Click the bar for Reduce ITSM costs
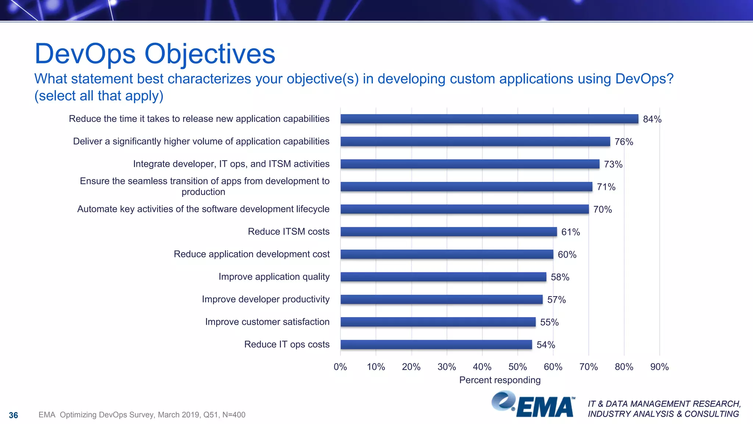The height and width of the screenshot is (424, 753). tap(449, 232)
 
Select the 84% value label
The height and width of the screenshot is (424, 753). tap(652, 119)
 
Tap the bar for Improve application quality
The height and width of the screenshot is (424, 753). tap(443, 277)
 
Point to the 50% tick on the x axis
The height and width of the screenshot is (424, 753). tap(517, 367)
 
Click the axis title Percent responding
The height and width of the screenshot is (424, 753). tap(500, 380)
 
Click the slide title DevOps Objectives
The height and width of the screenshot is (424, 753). tap(154, 54)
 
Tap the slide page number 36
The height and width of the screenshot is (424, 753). tap(13, 415)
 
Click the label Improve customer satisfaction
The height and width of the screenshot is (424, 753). tap(267, 322)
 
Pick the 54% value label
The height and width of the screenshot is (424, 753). tap(546, 345)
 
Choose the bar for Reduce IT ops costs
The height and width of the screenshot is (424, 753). tap(436, 344)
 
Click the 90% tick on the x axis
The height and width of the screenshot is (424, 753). tap(659, 367)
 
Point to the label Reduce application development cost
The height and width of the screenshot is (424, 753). tap(251, 254)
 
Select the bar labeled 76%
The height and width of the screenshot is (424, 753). tap(475, 141)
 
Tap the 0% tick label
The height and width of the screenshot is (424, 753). tap(340, 367)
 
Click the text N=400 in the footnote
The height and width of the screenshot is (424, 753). tap(234, 415)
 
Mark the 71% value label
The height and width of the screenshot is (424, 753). tap(606, 187)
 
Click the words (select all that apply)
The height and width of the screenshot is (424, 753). tap(99, 96)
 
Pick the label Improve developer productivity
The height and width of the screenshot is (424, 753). tap(265, 299)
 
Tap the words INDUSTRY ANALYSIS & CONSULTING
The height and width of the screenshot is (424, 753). tap(663, 414)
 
